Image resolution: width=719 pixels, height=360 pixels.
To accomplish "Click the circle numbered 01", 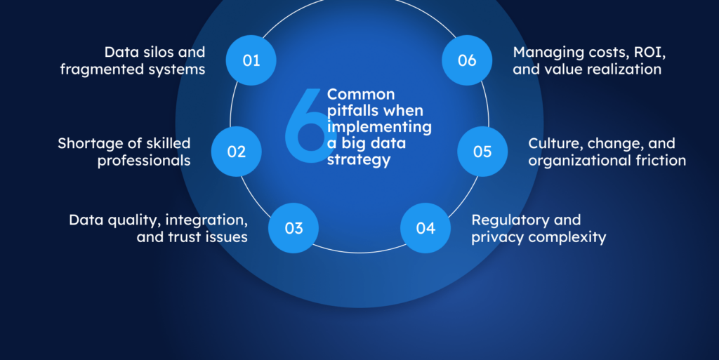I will click(251, 60).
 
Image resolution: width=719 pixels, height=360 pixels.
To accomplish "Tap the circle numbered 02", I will click(237, 151).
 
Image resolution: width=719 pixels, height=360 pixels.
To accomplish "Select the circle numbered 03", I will click(293, 228).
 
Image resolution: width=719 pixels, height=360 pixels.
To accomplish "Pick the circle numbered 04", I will click(426, 228).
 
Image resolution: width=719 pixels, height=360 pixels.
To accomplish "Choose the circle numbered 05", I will click(482, 151).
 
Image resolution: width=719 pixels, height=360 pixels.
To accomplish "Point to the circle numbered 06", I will click(467, 60).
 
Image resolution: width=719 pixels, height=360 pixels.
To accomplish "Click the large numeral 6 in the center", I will click(304, 127).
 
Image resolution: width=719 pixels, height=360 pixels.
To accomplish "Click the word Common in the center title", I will click(361, 93).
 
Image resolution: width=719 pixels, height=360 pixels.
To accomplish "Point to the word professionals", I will click(144, 161).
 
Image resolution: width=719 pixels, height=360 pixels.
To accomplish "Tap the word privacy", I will click(496, 237).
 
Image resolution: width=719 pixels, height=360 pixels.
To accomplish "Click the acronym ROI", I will click(633, 52).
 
